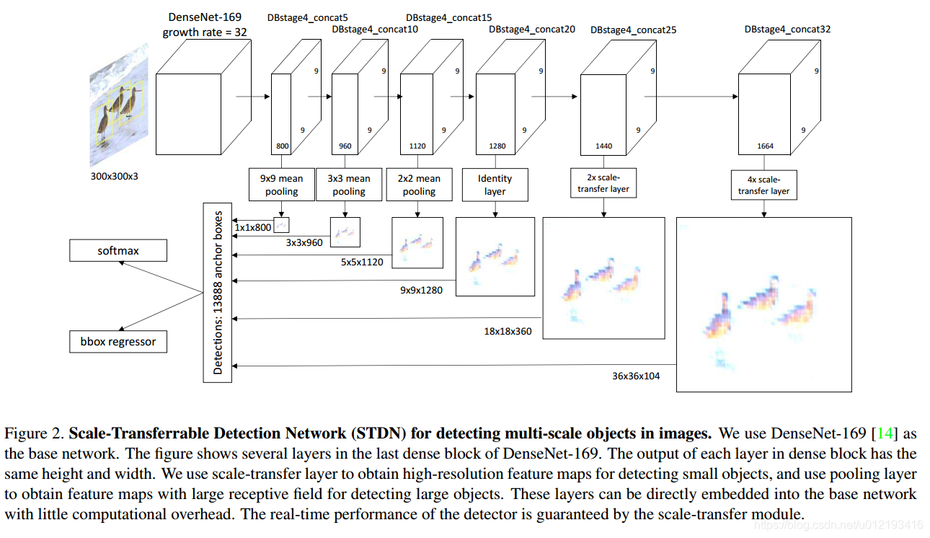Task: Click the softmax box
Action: (x=118, y=251)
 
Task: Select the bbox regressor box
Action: (x=118, y=341)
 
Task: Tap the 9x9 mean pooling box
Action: (x=282, y=185)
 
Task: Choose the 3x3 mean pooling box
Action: (x=349, y=185)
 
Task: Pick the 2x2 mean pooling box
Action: (x=419, y=185)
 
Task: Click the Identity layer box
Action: (x=495, y=185)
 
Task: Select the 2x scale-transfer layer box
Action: (x=603, y=183)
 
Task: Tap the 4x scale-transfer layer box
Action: (x=763, y=185)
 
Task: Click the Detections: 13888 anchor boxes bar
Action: (x=218, y=292)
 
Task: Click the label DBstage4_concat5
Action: (x=308, y=17)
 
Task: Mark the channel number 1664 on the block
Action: (x=765, y=146)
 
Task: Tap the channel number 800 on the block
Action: (x=282, y=146)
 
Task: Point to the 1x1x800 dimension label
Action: (x=252, y=227)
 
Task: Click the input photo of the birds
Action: (x=119, y=108)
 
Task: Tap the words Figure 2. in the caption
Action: (x=34, y=433)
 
